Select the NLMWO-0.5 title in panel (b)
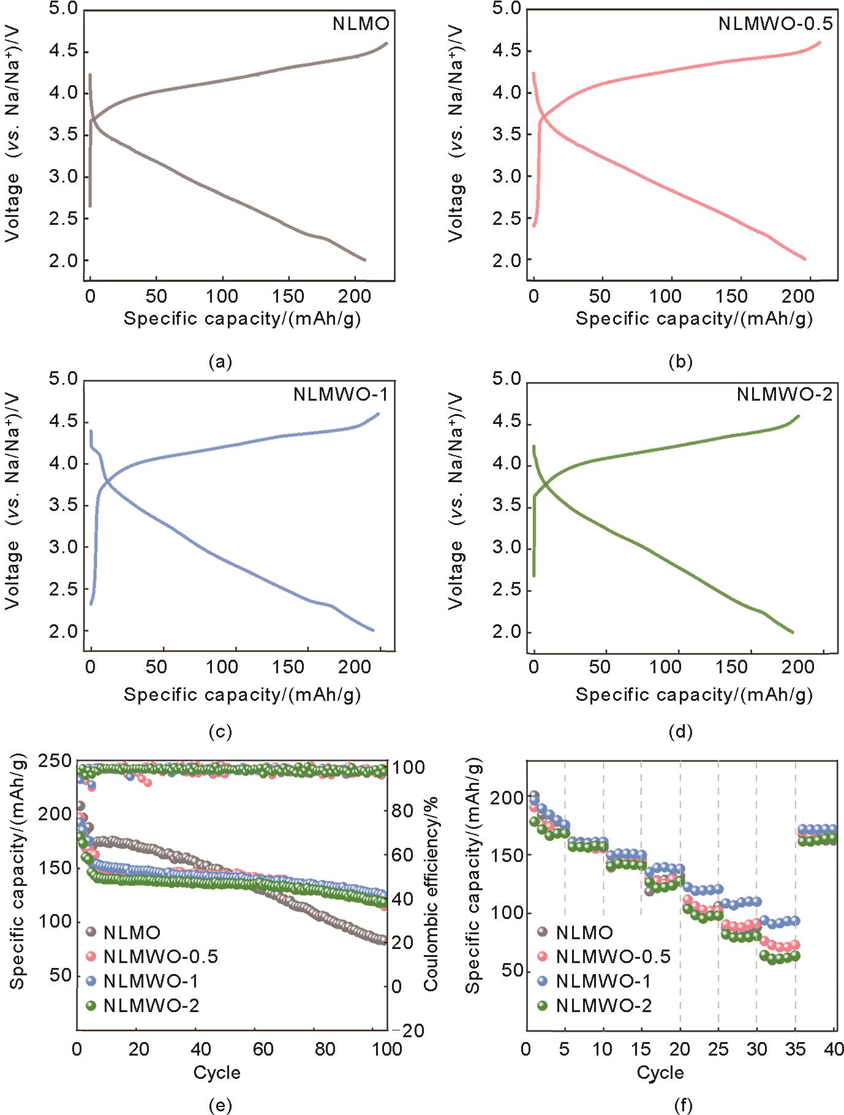coord(775,24)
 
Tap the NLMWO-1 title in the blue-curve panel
coord(341,393)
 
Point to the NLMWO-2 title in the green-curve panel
coord(784,395)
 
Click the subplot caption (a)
coord(220,362)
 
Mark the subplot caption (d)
coord(680,732)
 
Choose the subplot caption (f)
coord(683,1105)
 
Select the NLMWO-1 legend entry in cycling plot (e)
coord(151,981)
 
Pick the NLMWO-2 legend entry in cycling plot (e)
coord(151,1005)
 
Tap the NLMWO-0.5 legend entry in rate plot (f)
coord(612,956)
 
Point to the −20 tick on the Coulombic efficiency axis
coord(409,1030)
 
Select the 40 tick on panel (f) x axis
coord(834,1049)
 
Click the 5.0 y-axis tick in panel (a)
coord(63,9)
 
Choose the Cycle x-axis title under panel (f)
coord(660,1072)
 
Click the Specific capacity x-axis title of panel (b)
coord(693,319)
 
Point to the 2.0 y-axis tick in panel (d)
coord(507,632)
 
